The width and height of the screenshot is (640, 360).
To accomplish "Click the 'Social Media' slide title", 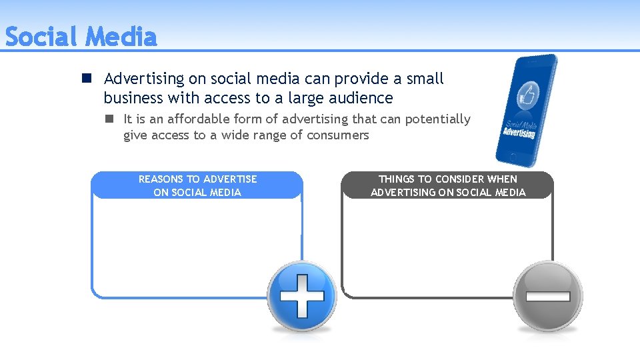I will (81, 37).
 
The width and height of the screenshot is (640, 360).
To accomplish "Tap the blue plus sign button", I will (302, 295).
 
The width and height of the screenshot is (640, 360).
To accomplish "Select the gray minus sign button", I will (547, 296).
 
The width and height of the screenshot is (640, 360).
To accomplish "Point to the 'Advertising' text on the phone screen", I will (519, 132).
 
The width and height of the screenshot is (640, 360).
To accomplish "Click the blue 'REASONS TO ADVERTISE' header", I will (197, 185).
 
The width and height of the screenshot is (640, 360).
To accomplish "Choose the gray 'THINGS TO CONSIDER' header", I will (448, 185).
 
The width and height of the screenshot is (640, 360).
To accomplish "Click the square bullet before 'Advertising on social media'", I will (87, 79).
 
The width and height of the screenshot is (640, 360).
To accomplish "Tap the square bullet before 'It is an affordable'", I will (108, 119).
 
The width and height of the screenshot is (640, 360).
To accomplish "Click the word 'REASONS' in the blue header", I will (161, 179).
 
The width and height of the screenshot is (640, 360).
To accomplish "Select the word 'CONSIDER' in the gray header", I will (459, 179).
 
